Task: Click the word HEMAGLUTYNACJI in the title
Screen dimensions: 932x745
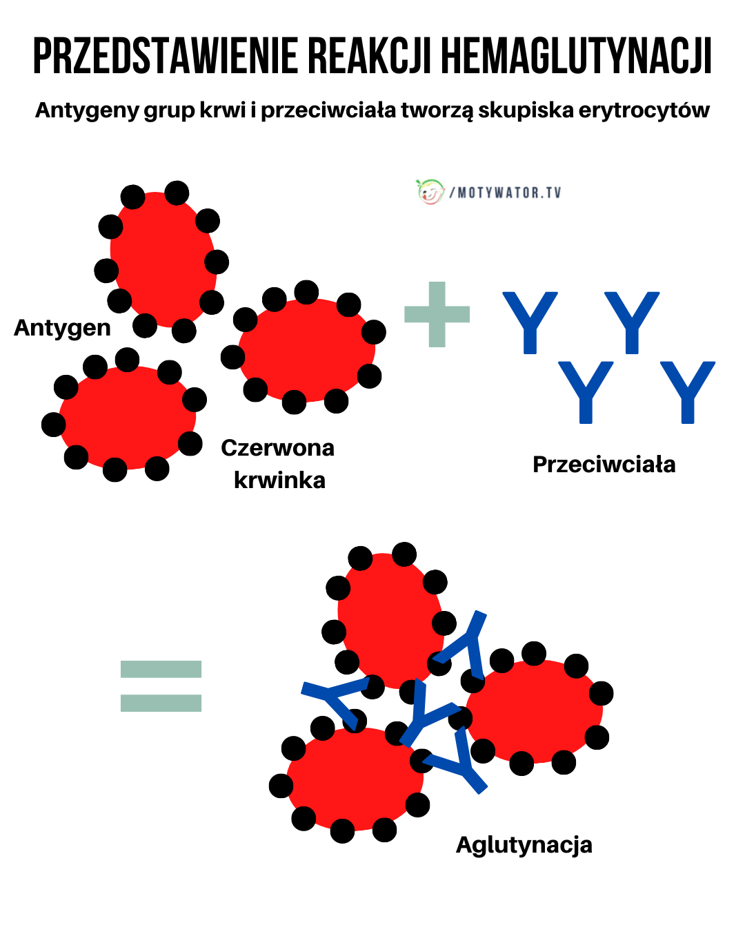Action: click(x=576, y=57)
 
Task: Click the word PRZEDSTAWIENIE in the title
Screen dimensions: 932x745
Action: click(x=165, y=57)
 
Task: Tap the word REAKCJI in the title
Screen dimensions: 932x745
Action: click(x=370, y=57)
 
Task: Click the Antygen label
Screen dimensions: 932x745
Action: click(x=62, y=327)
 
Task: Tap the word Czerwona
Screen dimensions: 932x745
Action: click(x=277, y=448)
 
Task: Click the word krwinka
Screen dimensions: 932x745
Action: click(x=279, y=480)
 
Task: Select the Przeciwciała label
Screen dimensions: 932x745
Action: click(x=604, y=465)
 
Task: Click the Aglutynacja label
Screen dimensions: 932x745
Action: click(x=524, y=844)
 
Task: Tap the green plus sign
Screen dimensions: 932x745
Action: click(x=437, y=314)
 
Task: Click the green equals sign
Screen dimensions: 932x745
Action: click(x=161, y=686)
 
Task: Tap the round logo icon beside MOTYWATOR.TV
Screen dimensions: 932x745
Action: click(x=430, y=191)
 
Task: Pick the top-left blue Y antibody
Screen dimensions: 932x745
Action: click(x=530, y=322)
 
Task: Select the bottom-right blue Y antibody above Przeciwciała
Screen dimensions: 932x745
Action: click(x=687, y=391)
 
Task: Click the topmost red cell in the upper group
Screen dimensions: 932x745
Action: click(x=163, y=259)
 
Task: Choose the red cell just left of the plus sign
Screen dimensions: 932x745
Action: click(x=306, y=349)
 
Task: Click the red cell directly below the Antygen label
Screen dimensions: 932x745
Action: click(x=127, y=417)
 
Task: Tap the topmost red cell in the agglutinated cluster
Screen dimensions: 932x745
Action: click(x=390, y=618)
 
